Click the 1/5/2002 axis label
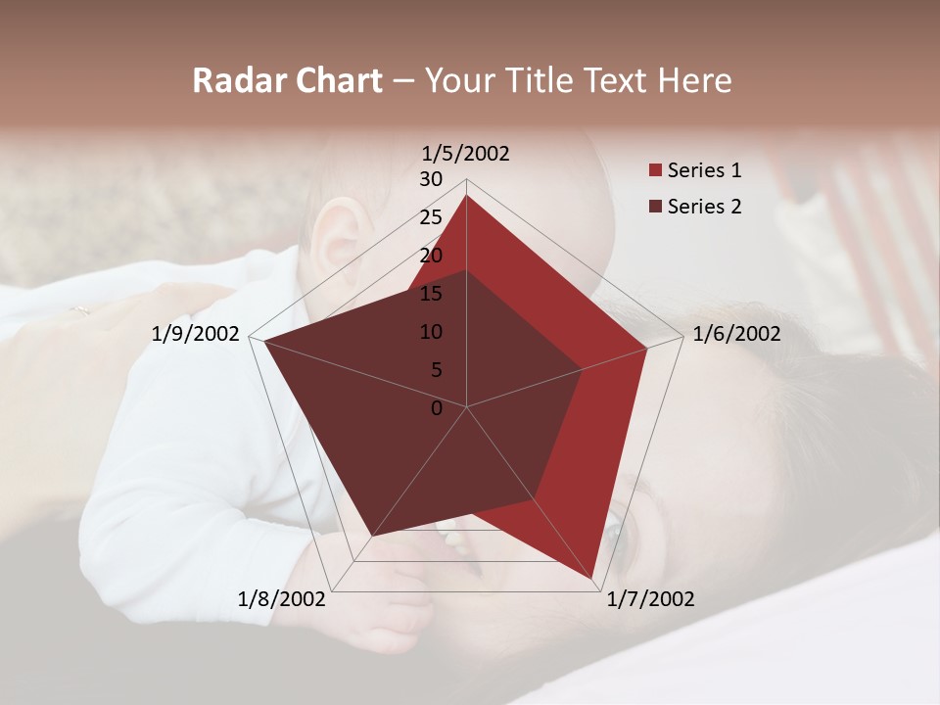466,153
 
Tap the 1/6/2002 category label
736,334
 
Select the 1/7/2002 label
650,598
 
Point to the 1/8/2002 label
282,598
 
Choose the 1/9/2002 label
196,334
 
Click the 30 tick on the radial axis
431,179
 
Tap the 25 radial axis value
431,217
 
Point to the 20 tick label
431,256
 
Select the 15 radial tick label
431,294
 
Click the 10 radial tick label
431,332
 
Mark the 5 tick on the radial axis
436,370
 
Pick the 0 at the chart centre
437,408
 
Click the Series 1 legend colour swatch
655,171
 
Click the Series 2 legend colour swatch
655,207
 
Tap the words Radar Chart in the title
287,80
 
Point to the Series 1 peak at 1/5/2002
466,196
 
